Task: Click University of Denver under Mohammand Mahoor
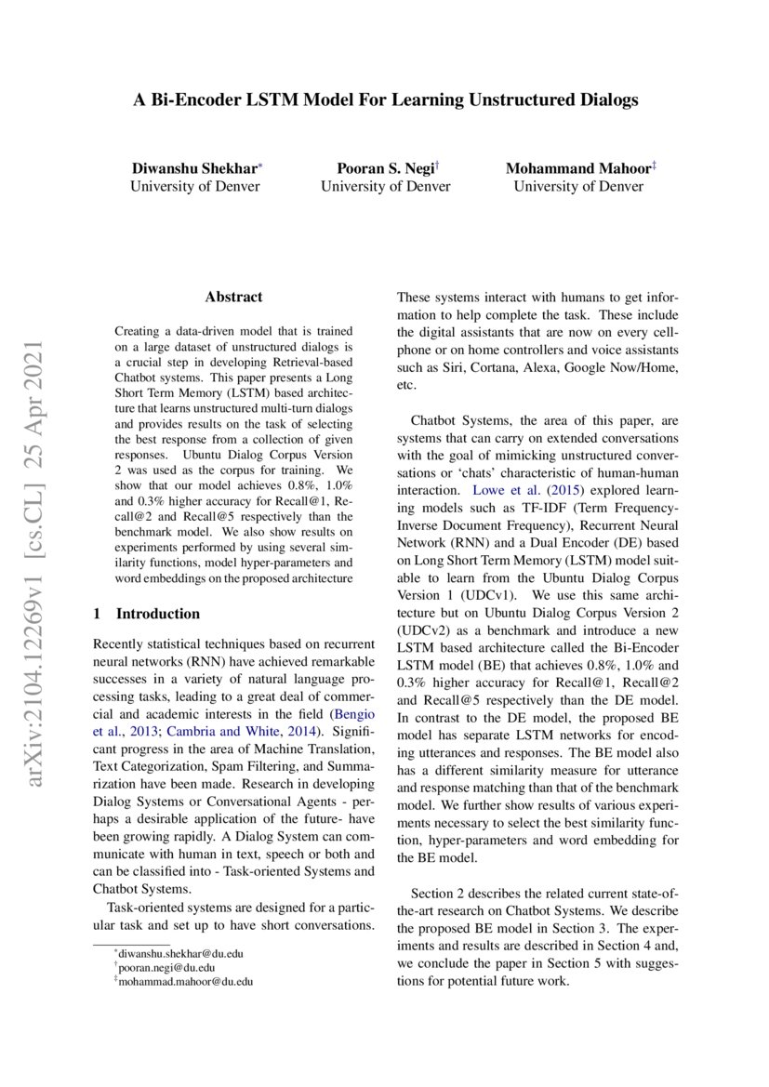[x=578, y=186]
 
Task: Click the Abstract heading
[x=233, y=298]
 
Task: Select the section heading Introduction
[x=157, y=614]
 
